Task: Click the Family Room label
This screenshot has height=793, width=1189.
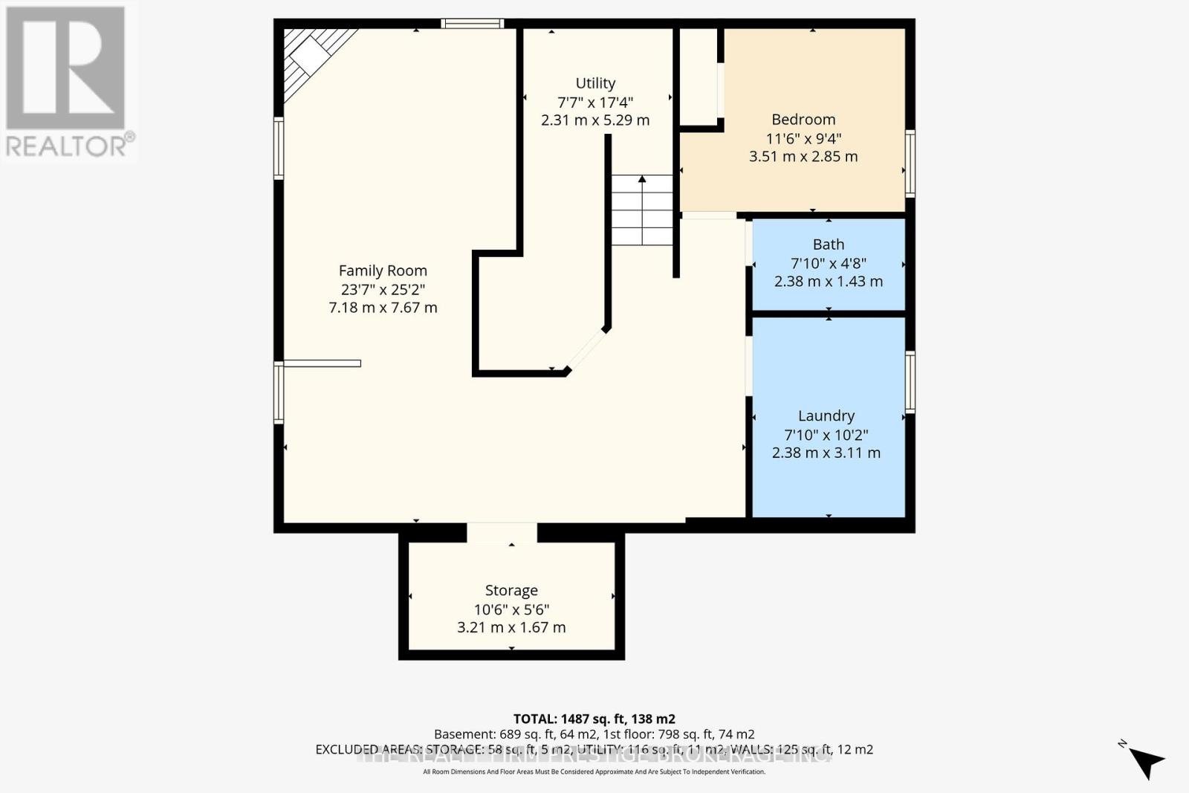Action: click(x=383, y=271)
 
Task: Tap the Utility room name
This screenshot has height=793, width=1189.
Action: click(x=595, y=83)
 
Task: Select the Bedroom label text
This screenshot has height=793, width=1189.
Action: click(x=803, y=119)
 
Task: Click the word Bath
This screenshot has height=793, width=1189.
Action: click(x=829, y=245)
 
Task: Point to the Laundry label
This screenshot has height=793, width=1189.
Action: click(x=826, y=415)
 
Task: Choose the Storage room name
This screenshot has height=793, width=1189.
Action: click(x=511, y=590)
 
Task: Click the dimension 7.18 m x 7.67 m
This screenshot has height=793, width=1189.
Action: click(x=383, y=308)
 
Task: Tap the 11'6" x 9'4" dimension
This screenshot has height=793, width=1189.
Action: click(x=803, y=138)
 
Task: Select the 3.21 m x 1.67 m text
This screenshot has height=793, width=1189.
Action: click(x=511, y=627)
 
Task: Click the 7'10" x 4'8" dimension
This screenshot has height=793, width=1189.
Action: click(x=829, y=263)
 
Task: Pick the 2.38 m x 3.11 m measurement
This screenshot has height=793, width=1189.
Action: click(x=826, y=453)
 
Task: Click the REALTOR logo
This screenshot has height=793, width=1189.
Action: click(x=67, y=82)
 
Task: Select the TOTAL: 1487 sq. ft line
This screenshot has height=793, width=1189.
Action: click(x=594, y=719)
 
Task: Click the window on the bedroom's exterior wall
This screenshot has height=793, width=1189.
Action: click(x=910, y=164)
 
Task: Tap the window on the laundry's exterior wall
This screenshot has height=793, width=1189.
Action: click(x=910, y=382)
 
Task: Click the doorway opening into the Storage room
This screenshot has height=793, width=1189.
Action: click(x=502, y=532)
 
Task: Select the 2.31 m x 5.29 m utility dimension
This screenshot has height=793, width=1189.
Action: click(x=595, y=120)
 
